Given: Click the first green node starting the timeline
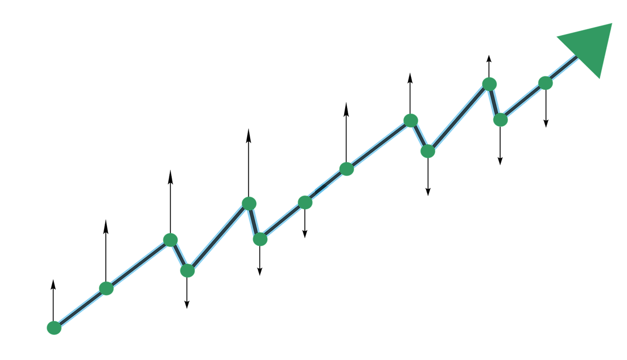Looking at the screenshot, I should click(54, 328).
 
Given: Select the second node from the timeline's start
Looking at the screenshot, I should click(106, 289).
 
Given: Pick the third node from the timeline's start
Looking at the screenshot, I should click(170, 239).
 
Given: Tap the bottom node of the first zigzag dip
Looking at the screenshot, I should click(187, 271).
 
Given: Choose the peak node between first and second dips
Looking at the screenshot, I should click(249, 203).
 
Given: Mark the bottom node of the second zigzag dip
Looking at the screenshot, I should click(260, 239).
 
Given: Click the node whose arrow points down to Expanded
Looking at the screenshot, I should click(305, 202).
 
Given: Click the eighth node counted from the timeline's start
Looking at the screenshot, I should click(346, 169).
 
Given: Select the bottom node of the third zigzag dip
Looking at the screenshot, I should click(428, 151).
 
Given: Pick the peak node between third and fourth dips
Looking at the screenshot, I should click(489, 83).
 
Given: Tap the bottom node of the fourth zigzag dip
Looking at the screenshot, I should click(500, 120).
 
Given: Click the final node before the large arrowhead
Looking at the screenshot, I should click(546, 82).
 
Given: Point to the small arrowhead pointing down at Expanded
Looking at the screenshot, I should click(304, 234).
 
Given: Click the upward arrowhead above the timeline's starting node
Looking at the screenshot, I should click(53, 282).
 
